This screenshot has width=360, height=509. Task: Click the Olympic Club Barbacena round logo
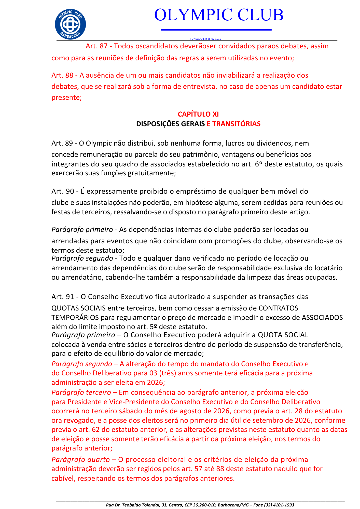tap(70, 24)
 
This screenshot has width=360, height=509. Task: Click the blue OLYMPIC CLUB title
tap(219, 15)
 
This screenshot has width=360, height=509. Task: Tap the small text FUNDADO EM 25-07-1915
tap(205, 39)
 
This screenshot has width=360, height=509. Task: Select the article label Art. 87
tap(96, 46)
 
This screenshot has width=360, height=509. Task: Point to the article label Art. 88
tap(62, 75)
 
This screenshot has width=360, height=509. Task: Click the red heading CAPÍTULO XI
tap(198, 114)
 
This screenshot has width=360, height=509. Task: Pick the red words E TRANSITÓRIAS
tap(233, 124)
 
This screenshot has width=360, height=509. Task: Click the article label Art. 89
tap(62, 143)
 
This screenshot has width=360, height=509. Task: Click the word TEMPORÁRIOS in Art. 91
tap(75, 318)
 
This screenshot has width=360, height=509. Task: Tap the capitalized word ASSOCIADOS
tap(322, 318)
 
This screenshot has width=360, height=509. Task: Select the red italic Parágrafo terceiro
tap(81, 392)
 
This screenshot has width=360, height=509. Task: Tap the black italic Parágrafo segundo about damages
tap(82, 258)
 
